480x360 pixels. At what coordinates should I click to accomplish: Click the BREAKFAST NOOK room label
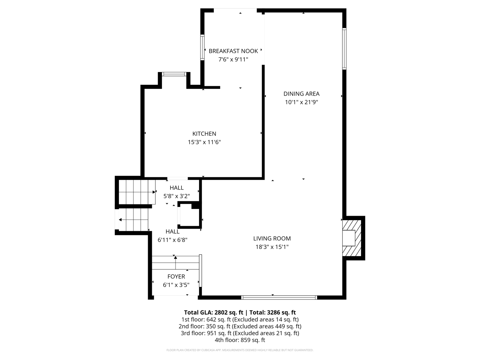tap(233, 51)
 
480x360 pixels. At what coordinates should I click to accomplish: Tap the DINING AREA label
tap(301, 94)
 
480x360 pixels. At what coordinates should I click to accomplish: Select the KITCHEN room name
tap(204, 133)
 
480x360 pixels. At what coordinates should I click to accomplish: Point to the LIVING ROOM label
tap(272, 238)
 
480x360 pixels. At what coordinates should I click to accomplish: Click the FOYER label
tap(176, 276)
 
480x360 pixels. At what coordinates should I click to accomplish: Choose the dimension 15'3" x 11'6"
tap(204, 142)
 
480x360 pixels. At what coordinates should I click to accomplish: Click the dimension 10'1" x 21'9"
tap(301, 102)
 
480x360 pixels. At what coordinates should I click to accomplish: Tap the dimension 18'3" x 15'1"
tap(272, 247)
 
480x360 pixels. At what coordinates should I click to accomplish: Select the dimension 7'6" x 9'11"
tap(233, 59)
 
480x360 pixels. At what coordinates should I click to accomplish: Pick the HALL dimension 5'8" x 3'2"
tap(177, 196)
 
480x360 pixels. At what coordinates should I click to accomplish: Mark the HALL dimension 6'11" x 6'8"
tap(172, 240)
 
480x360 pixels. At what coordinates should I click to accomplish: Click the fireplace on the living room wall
tap(352, 238)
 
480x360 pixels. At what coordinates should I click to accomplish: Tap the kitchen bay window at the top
tap(174, 74)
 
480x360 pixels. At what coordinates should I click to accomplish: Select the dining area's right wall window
tap(344, 48)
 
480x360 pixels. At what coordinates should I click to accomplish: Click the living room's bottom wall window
tap(279, 297)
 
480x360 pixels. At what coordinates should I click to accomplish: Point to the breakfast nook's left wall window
tap(202, 48)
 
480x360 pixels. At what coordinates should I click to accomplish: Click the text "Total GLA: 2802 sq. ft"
tap(213, 312)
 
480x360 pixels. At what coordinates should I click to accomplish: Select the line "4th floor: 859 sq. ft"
tap(240, 340)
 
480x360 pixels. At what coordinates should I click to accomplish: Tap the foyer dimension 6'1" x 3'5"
tap(176, 285)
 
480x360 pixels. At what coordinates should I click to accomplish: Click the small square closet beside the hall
tap(190, 216)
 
